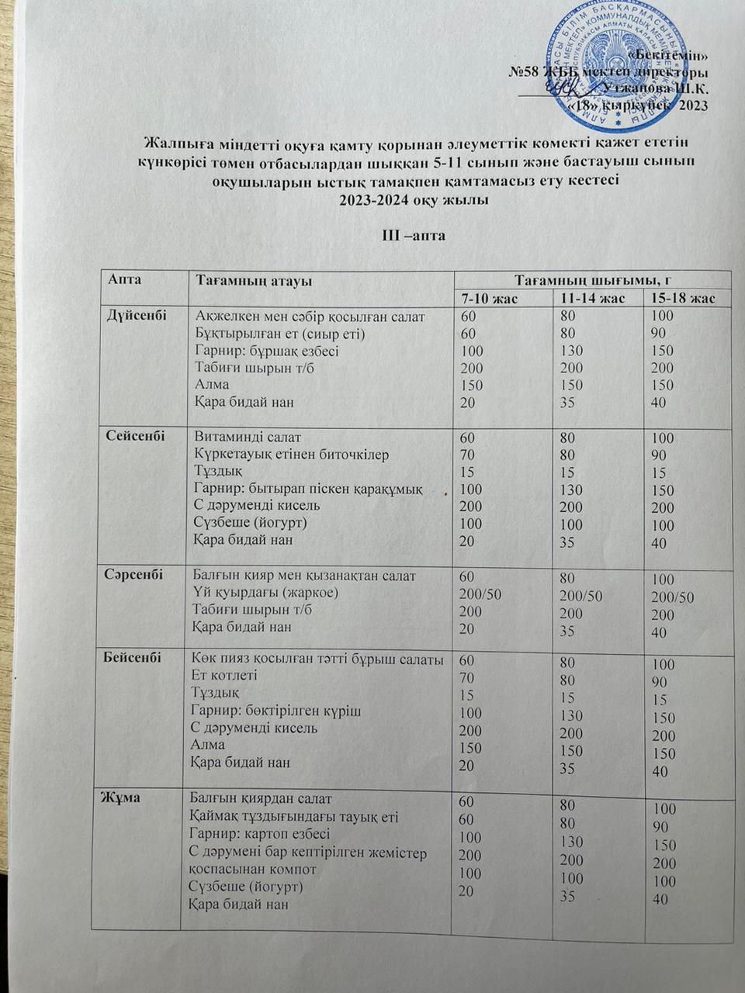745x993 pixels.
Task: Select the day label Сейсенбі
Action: coord(135,436)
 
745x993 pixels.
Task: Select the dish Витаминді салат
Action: coord(248,437)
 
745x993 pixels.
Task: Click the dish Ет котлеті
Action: coord(224,676)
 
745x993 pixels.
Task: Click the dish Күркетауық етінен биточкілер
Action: coord(292,455)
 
